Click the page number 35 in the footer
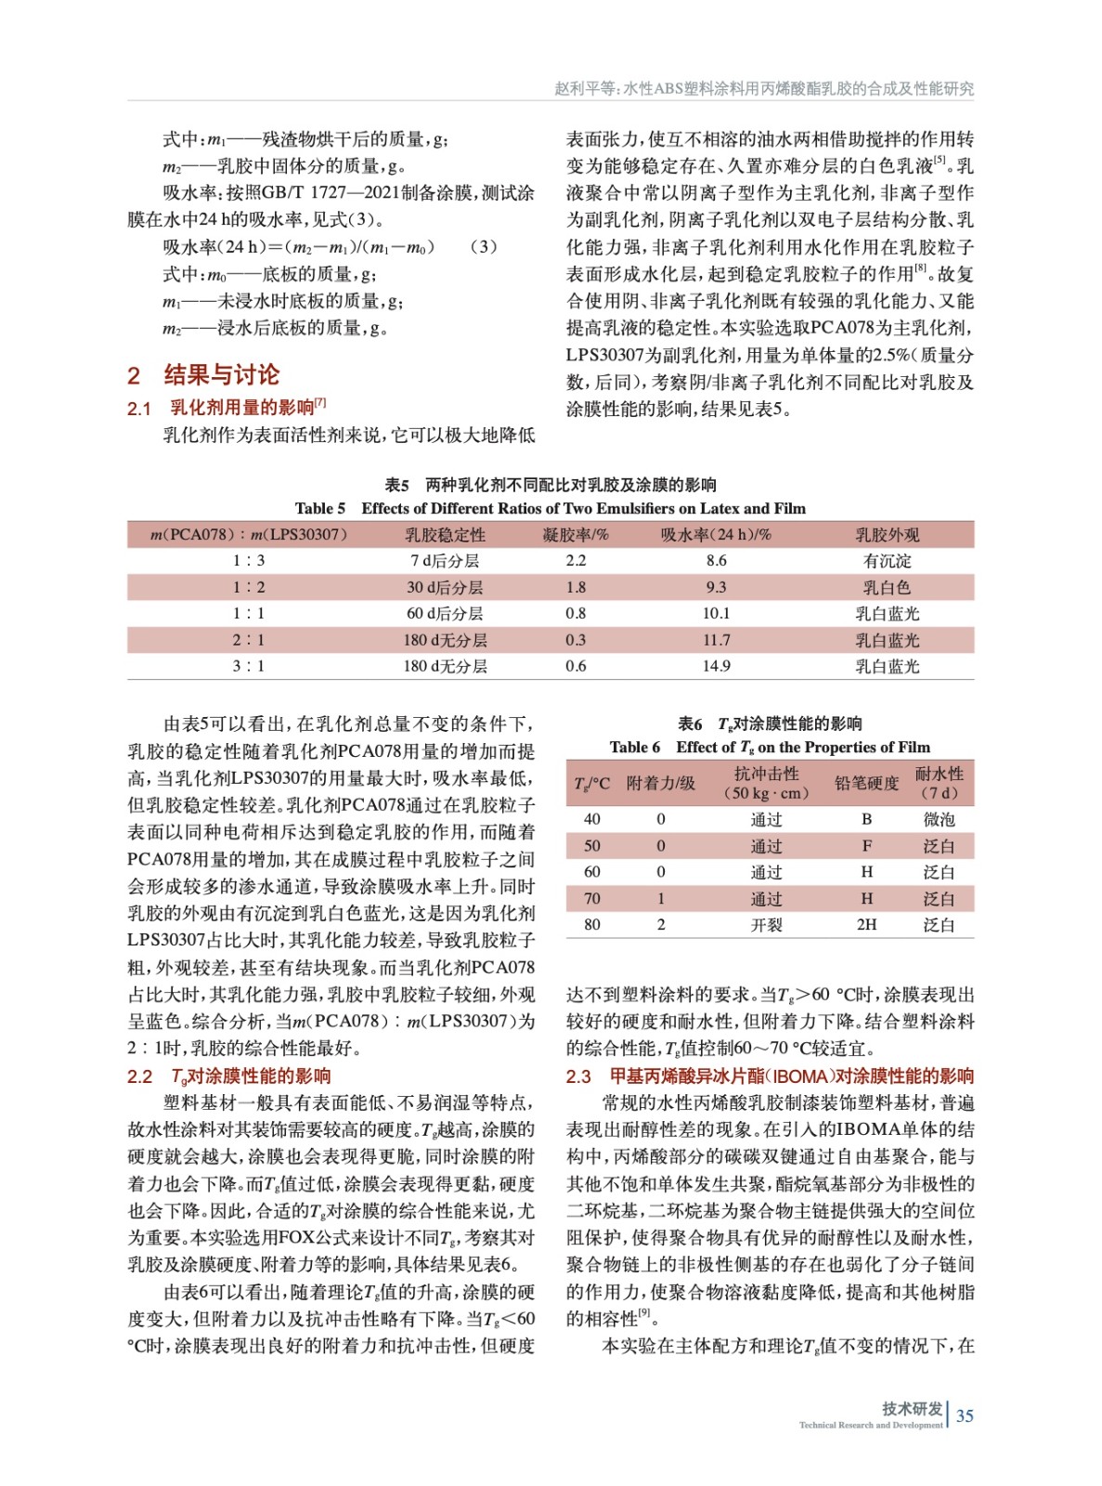[965, 1415]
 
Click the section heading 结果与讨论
[221, 374]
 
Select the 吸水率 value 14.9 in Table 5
[716, 666]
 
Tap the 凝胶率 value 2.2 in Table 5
[576, 561]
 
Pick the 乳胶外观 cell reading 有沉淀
[887, 561]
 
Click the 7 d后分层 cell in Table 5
[445, 561]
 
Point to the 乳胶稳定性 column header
[445, 535]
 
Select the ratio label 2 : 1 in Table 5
[248, 640]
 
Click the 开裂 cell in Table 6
[766, 925]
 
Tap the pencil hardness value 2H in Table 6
[866, 925]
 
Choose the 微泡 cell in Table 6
[939, 819]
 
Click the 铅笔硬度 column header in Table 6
[866, 783]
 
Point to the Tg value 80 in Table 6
[592, 925]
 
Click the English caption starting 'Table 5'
[550, 508]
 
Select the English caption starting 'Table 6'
[769, 747]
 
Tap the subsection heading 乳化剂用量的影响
[242, 407]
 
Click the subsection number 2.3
[578, 1076]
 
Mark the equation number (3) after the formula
[483, 246]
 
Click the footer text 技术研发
[912, 1408]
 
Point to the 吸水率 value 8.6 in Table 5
[716, 561]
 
